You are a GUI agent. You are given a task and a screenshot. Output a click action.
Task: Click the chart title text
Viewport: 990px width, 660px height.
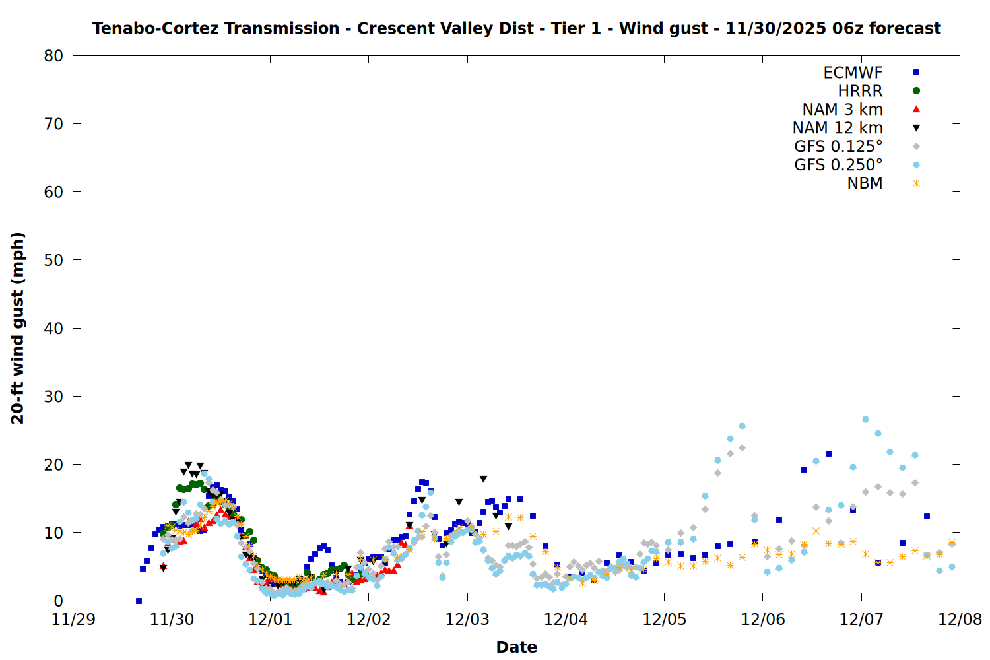pyautogui.click(x=516, y=28)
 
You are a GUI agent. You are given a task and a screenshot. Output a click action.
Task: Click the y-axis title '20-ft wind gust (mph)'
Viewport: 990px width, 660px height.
pyautogui.click(x=18, y=328)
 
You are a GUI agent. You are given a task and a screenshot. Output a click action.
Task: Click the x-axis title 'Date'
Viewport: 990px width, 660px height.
pyautogui.click(x=516, y=647)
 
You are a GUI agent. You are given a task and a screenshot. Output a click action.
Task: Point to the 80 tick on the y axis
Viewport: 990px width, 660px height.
pyautogui.click(x=53, y=56)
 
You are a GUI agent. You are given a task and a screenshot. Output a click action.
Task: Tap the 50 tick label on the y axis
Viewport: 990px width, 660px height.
pyautogui.click(x=53, y=260)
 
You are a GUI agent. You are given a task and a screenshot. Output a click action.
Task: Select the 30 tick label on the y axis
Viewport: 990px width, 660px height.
pyautogui.click(x=53, y=396)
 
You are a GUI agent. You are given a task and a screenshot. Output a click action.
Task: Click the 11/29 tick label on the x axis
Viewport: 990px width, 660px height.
pyautogui.click(x=73, y=620)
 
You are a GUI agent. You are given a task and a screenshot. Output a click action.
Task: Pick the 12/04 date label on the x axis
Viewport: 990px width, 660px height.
pyautogui.click(x=566, y=620)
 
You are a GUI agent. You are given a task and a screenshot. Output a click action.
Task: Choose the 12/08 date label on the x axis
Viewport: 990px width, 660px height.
pyautogui.click(x=960, y=620)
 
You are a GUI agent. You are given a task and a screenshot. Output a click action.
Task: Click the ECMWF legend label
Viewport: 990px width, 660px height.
pyautogui.click(x=853, y=73)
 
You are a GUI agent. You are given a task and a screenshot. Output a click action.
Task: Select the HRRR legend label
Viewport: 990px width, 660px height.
pyautogui.click(x=860, y=91)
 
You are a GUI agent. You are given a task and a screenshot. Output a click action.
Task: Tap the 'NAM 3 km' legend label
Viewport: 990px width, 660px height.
pyautogui.click(x=842, y=110)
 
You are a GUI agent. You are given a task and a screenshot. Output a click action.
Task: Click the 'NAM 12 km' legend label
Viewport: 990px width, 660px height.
pyautogui.click(x=838, y=128)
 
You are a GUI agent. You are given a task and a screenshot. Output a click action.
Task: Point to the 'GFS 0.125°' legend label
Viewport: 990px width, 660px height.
pyautogui.click(x=838, y=147)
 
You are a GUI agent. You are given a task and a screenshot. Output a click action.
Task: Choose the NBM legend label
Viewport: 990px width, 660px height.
pyautogui.click(x=865, y=183)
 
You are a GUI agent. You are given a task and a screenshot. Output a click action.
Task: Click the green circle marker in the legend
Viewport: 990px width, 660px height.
pyautogui.click(x=916, y=91)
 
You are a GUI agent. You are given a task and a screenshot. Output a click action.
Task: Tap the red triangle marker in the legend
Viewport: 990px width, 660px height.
pyautogui.click(x=916, y=109)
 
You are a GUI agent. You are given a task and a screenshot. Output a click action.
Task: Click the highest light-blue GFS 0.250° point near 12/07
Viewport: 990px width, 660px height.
pyautogui.click(x=865, y=419)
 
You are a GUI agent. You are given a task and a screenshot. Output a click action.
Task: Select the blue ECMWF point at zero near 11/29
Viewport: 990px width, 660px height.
pyautogui.click(x=139, y=601)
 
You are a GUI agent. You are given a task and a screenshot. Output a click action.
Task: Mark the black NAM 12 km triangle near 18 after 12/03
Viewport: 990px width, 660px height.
pyautogui.click(x=483, y=479)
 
